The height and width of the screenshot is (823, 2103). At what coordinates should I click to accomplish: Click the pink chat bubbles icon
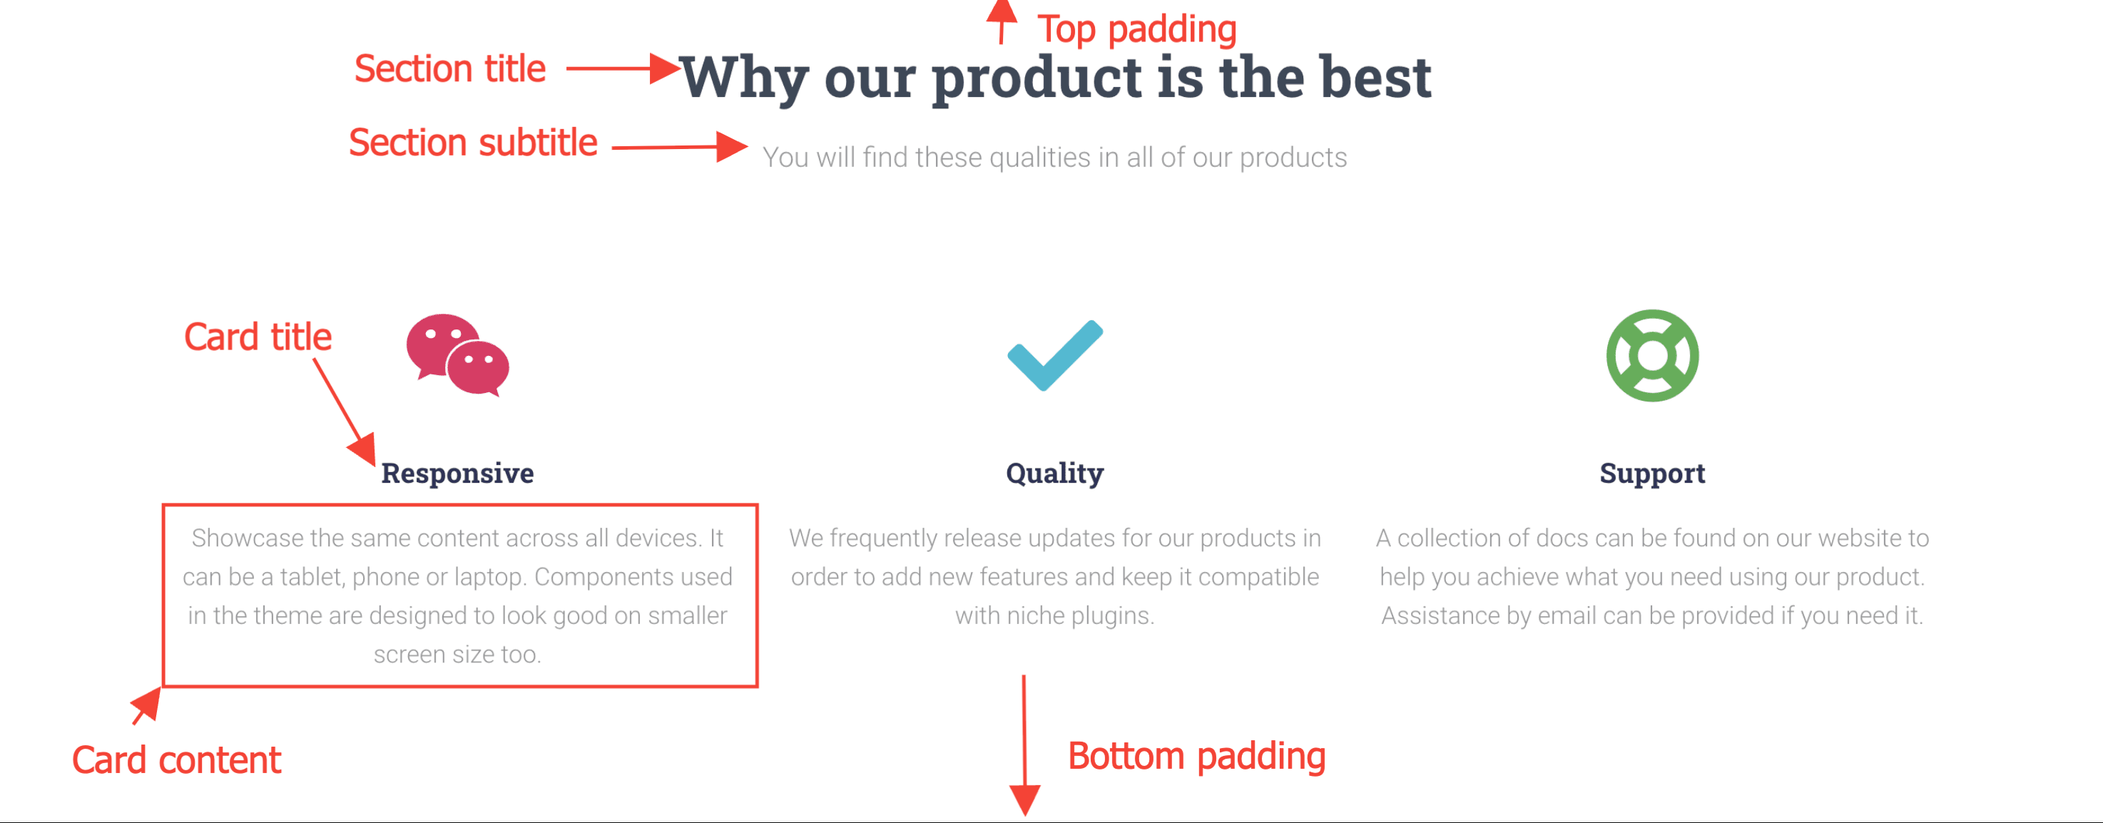tap(458, 355)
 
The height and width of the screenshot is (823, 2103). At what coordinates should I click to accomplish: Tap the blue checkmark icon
tap(1055, 355)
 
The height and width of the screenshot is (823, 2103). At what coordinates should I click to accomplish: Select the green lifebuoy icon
tap(1652, 355)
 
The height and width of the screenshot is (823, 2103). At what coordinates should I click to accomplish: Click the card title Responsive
tap(457, 473)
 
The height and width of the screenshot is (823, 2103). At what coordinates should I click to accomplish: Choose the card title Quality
tap(1055, 474)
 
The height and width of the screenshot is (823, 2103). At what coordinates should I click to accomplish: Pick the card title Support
tap(1652, 474)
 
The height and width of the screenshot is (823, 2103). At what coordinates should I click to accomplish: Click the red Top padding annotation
tap(1137, 29)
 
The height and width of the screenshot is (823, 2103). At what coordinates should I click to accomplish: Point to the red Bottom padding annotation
tap(1197, 756)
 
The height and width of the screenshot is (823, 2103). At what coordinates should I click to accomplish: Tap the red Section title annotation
tap(450, 68)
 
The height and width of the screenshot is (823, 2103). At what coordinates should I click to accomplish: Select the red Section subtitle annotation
tap(474, 143)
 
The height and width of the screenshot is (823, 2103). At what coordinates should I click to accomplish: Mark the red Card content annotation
tap(176, 760)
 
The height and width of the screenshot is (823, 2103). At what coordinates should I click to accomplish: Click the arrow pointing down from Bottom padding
tap(1024, 745)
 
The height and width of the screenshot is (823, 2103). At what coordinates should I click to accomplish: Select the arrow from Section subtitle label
tap(680, 147)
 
